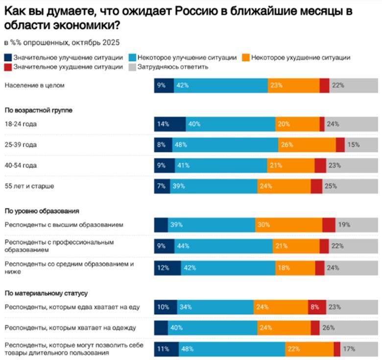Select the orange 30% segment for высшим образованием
[x=288, y=225]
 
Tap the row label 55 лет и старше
[x=29, y=186]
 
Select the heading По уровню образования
[x=42, y=211]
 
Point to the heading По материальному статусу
[x=46, y=293]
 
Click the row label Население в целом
[x=34, y=85]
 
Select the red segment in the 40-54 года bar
[x=320, y=166]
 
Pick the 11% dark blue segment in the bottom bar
[x=166, y=349]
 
